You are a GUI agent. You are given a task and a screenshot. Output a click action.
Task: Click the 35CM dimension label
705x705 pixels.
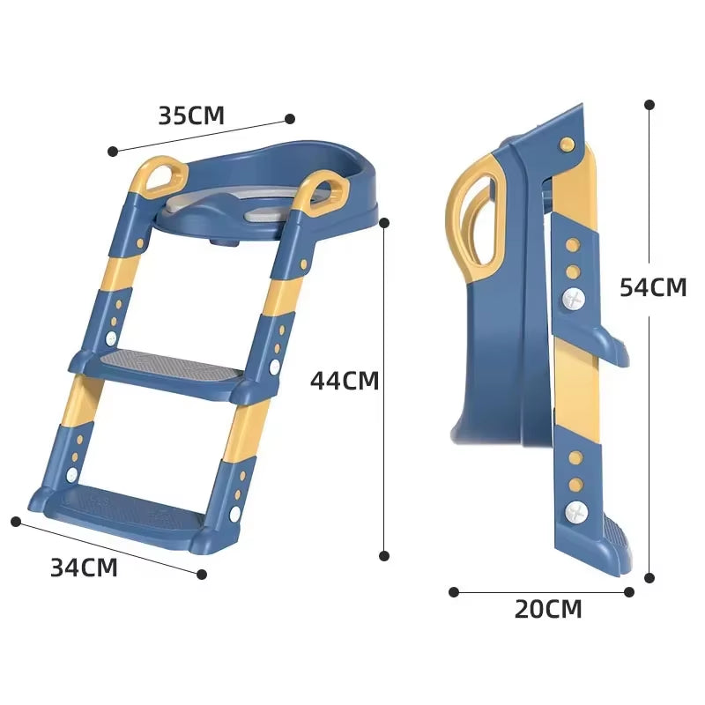click(x=191, y=115)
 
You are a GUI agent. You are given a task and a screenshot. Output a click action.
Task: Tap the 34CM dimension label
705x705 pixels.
click(x=84, y=568)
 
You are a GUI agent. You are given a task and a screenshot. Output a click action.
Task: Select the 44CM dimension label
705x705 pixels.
click(x=345, y=381)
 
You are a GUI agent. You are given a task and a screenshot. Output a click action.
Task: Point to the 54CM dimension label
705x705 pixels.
click(x=653, y=287)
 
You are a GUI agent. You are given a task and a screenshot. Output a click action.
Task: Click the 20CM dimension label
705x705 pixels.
click(x=548, y=608)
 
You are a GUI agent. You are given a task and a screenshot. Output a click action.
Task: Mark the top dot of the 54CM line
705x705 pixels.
click(x=649, y=104)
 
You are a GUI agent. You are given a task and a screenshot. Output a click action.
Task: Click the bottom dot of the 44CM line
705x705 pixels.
click(x=384, y=555)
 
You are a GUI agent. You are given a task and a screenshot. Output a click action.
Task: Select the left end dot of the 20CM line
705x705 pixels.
click(x=454, y=592)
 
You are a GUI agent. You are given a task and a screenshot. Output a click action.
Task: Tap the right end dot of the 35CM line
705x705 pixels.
click(x=289, y=118)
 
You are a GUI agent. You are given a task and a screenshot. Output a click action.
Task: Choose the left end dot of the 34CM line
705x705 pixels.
click(x=15, y=521)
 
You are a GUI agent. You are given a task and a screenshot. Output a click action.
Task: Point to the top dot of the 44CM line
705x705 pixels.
click(x=384, y=223)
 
